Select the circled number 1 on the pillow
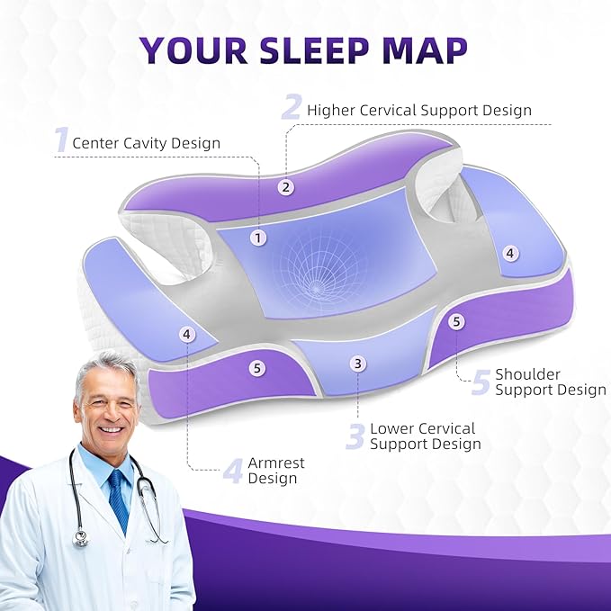point(259,238)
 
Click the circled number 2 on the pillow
point(285,187)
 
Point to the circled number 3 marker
point(358,364)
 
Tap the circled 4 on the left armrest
point(186,334)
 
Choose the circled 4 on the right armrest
point(510,254)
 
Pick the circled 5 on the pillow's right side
point(456,320)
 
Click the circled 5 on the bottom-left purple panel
point(258,367)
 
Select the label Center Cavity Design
point(146,142)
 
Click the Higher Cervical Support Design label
point(419,111)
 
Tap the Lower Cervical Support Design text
point(425,436)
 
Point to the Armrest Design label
point(275,471)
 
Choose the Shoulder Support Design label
point(550,382)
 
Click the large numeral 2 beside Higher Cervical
point(292,107)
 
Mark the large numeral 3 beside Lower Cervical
point(355,436)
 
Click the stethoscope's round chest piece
point(81,538)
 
